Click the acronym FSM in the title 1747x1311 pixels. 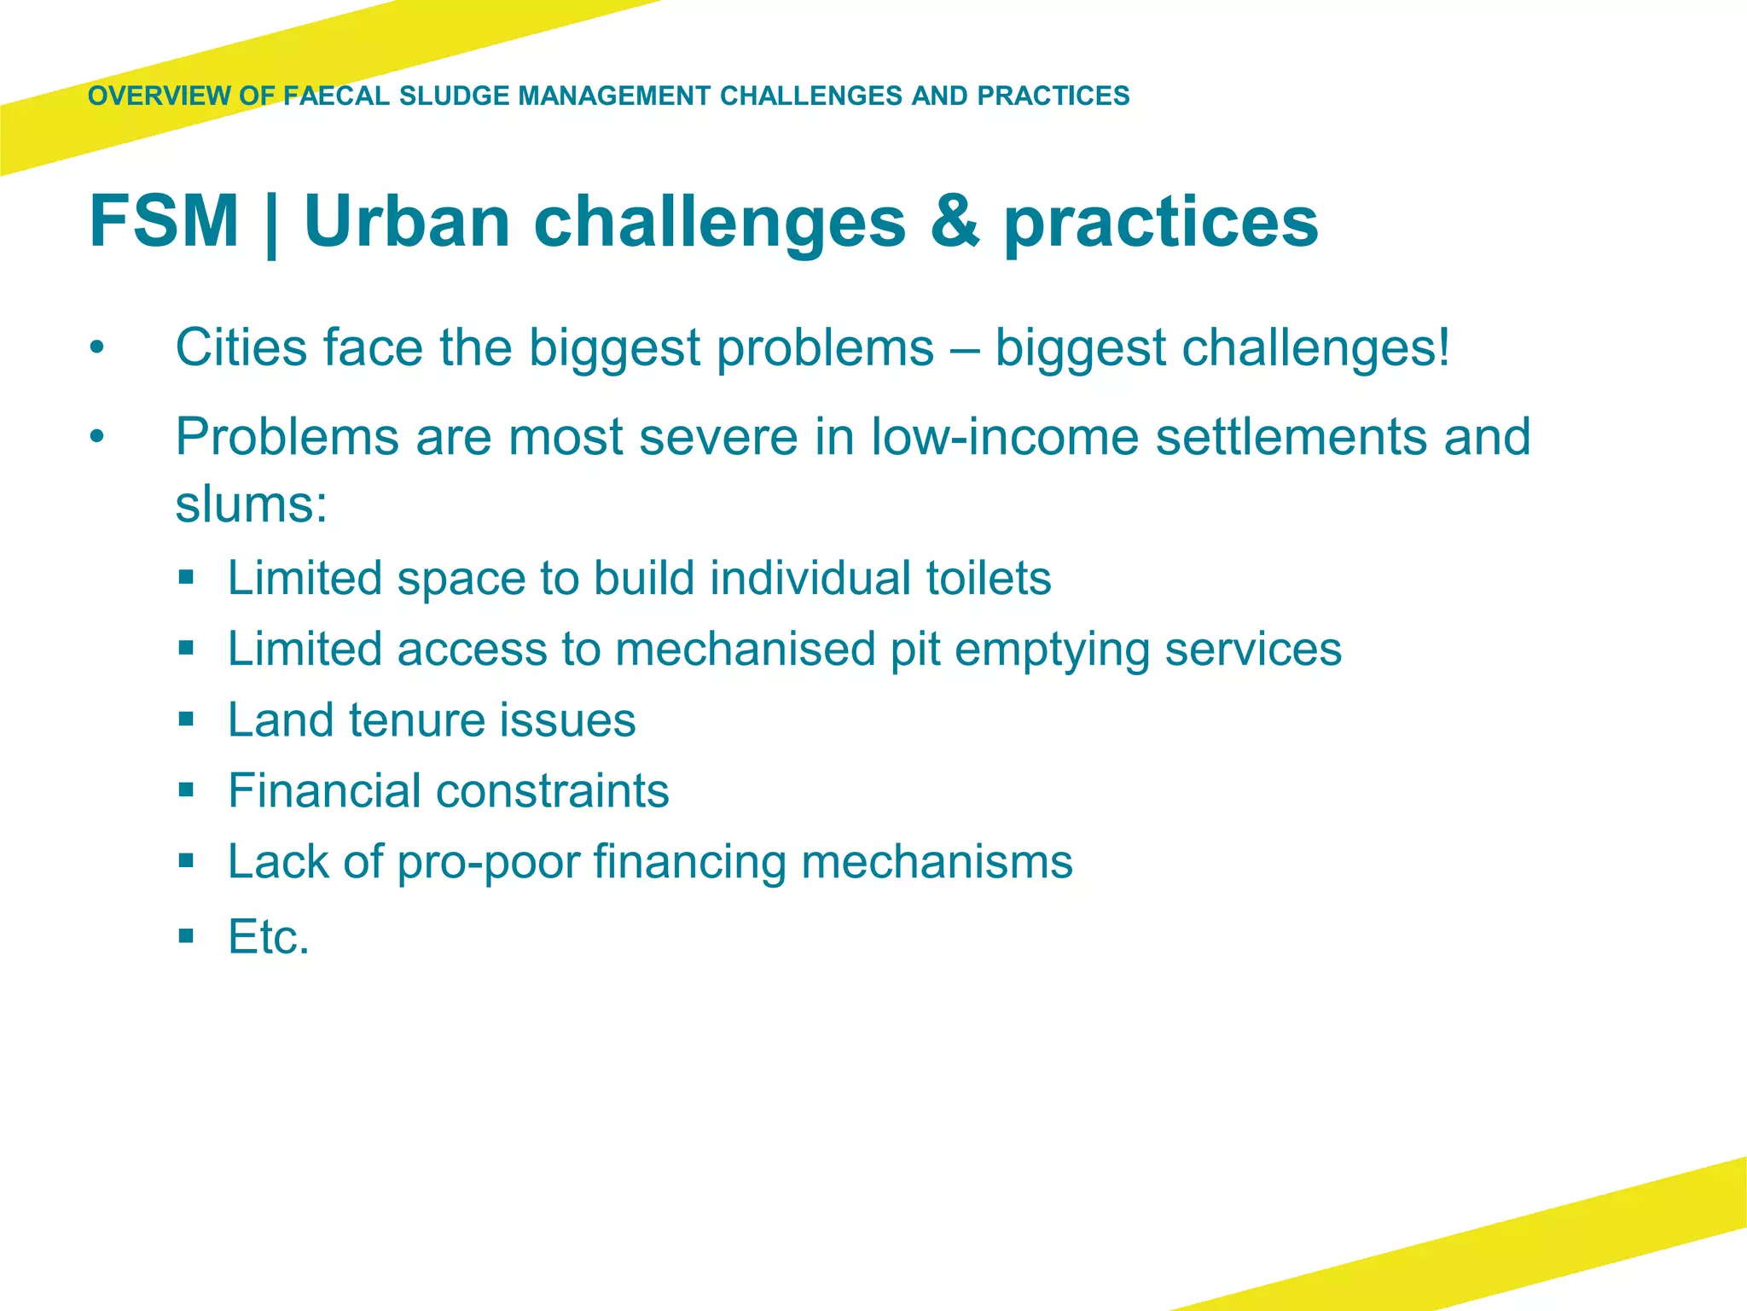(164, 221)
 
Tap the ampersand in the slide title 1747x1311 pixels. (955, 221)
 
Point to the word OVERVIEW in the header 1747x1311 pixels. (159, 96)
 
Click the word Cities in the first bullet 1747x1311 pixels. (241, 348)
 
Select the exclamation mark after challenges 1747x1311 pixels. (1442, 348)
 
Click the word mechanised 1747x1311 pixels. (746, 650)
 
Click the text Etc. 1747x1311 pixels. (268, 937)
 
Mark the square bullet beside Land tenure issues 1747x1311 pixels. (187, 719)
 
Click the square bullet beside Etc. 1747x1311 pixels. (187, 936)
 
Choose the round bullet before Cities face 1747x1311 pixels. (97, 348)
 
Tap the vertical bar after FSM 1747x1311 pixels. (271, 224)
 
